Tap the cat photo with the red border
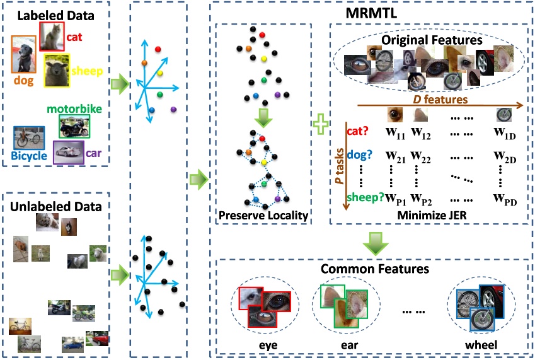[x=52, y=36]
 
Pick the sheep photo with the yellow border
[x=57, y=70]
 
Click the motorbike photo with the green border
[x=74, y=126]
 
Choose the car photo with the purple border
[x=69, y=152]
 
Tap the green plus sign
[x=321, y=124]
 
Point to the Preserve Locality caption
[x=263, y=216]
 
